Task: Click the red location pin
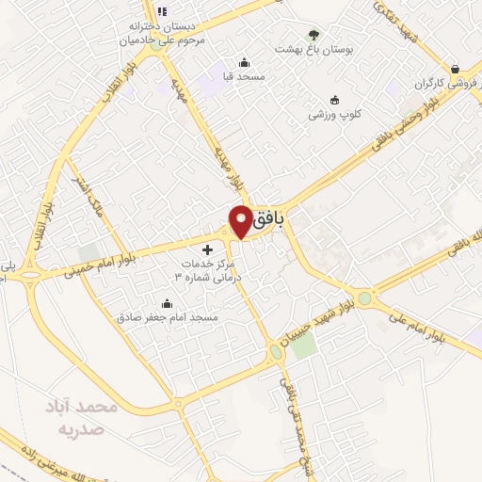click(241, 220)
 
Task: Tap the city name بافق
click(272, 218)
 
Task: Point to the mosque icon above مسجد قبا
click(244, 61)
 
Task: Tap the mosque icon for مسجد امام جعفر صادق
click(168, 303)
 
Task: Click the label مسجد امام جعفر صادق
click(168, 318)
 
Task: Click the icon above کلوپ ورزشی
click(334, 101)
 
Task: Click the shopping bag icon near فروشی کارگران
click(456, 68)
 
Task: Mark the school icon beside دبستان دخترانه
click(161, 11)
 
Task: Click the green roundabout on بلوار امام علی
click(365, 298)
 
